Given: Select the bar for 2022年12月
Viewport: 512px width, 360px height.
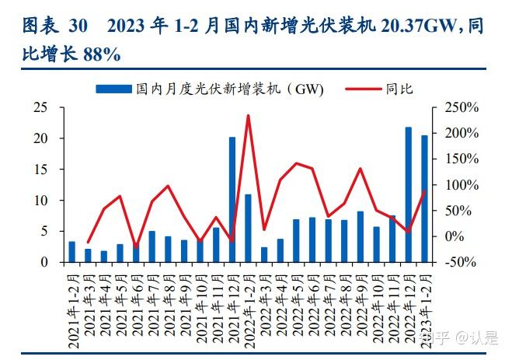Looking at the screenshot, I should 409,194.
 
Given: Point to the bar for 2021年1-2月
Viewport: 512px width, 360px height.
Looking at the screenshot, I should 72,252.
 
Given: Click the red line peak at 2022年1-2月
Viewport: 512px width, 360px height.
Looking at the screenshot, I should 248,116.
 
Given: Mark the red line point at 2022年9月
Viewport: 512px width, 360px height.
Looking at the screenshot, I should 360,169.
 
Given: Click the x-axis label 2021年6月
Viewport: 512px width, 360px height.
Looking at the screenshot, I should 136,300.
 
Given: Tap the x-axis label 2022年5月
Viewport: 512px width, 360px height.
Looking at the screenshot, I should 296,300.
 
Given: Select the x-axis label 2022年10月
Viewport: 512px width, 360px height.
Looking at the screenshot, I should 376,302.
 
